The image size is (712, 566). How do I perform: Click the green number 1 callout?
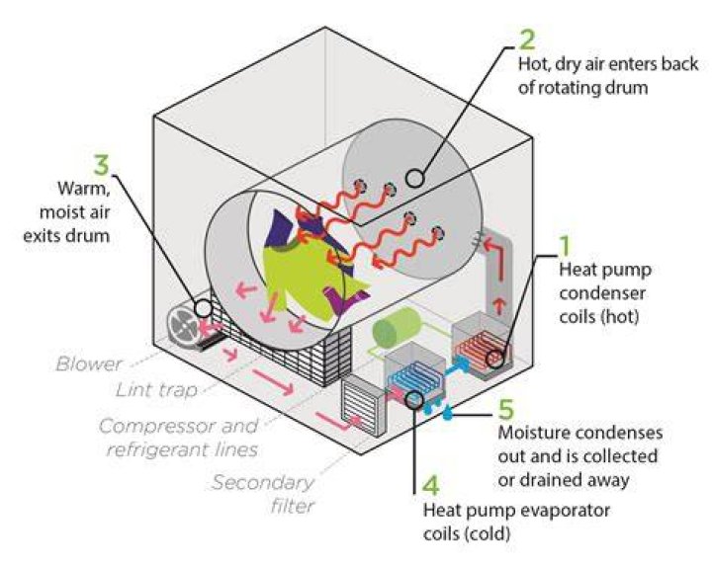565,244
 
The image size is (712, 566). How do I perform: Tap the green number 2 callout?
527,39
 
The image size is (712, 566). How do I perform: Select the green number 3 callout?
102,164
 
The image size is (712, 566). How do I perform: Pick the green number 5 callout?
506,409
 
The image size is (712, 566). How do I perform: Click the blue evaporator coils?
413,376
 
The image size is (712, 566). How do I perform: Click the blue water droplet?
448,413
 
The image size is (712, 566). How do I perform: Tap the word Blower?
89,364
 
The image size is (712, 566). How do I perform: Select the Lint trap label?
157,390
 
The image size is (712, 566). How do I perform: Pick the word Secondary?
263,482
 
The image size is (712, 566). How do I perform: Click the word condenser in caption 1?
602,293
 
